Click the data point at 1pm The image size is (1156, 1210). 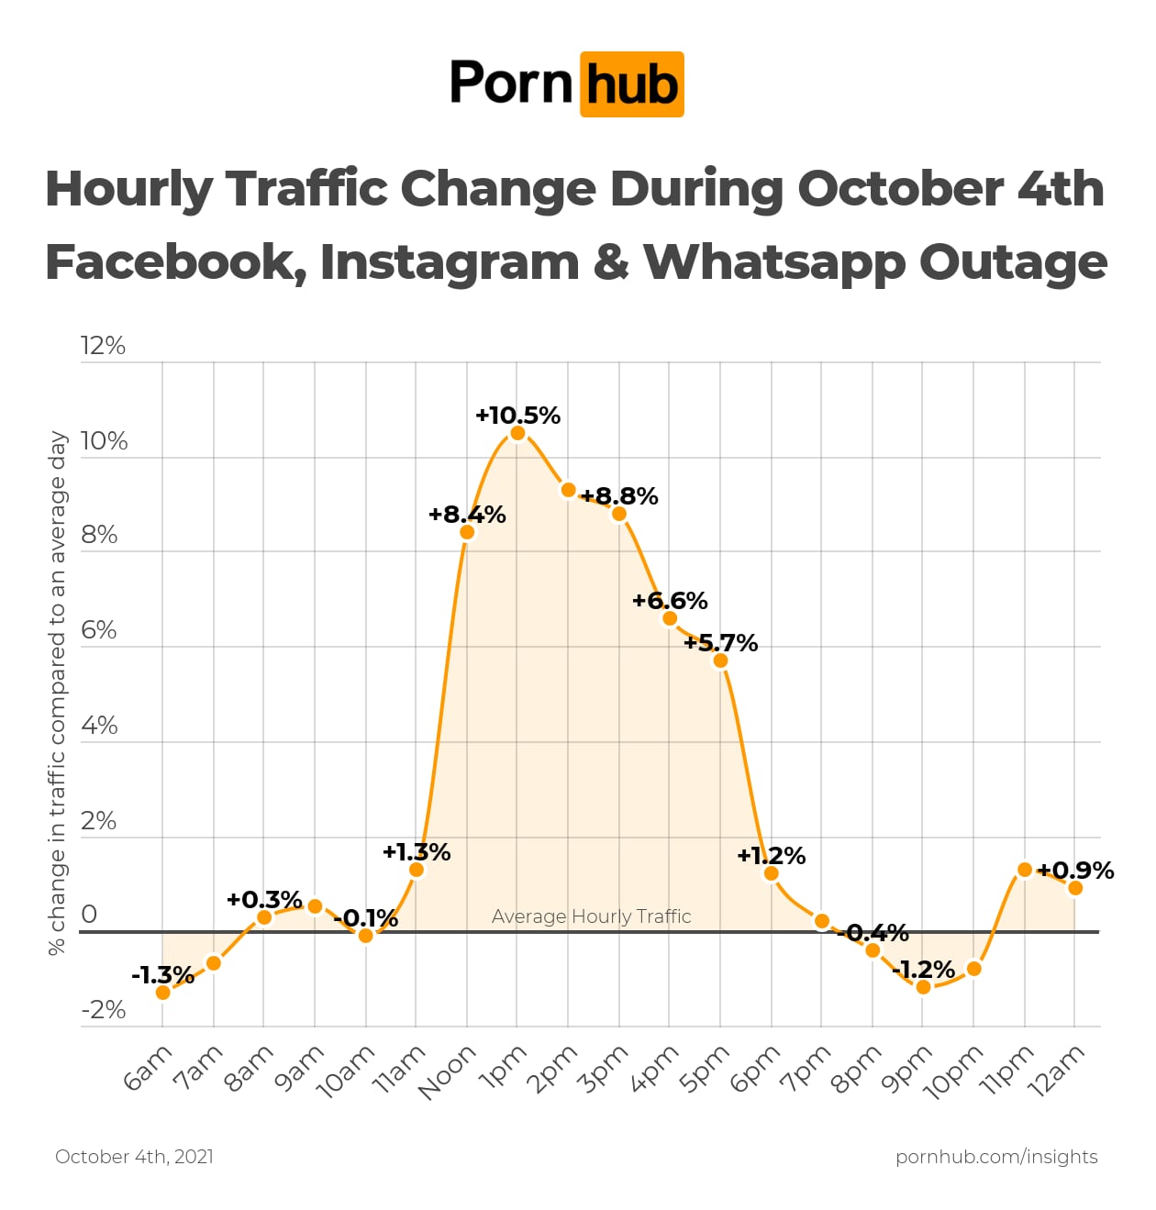tap(517, 433)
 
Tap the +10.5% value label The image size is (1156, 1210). tap(517, 416)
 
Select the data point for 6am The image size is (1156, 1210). tap(163, 993)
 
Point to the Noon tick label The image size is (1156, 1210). tap(447, 1071)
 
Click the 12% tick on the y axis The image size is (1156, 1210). tap(103, 346)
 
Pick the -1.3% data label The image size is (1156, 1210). tap(162, 975)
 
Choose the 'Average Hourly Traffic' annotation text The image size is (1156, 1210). tap(591, 916)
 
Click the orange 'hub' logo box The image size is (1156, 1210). tap(632, 84)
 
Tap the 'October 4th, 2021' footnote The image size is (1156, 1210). tap(134, 1157)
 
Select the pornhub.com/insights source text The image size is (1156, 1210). tap(996, 1157)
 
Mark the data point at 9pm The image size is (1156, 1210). tap(924, 987)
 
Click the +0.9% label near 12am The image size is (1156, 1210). tap(1075, 871)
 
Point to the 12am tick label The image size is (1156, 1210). tap(1057, 1071)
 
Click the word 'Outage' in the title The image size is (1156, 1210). tap(1013, 262)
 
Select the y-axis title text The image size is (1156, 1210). tap(58, 694)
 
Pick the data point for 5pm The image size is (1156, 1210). tap(721, 661)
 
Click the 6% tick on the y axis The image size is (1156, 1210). tap(99, 630)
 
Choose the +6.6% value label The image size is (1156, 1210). tap(670, 601)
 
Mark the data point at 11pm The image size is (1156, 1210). tap(1025, 870)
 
